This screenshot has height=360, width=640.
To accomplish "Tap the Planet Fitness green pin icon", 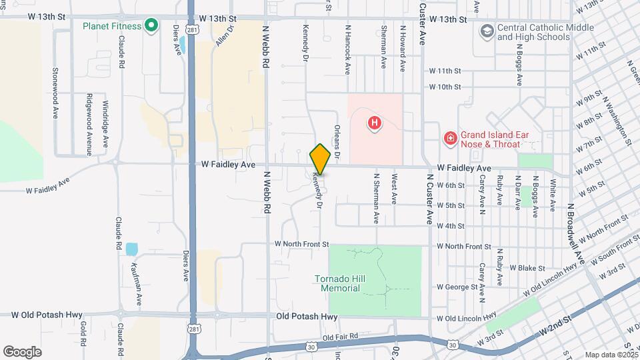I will pos(151,26).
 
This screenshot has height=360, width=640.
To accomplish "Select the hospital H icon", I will pos(375,123).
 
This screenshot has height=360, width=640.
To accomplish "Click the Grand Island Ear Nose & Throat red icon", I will pos(451,139).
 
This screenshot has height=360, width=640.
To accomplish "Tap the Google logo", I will pos(23,351).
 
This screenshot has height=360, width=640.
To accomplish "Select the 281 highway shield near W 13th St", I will pos(192,30).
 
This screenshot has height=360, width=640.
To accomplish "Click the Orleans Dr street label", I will pos(337,142).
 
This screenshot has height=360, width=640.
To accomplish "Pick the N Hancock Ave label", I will pos(347,48).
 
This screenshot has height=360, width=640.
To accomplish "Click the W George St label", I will pos(458,287).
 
